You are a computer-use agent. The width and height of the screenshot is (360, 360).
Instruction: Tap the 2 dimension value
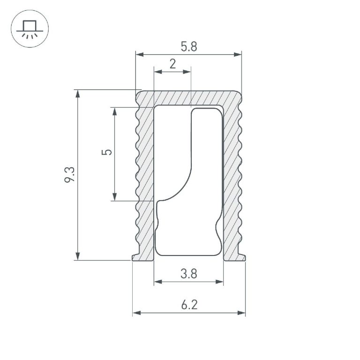[172, 64]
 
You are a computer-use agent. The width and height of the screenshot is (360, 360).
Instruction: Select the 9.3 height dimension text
[70, 175]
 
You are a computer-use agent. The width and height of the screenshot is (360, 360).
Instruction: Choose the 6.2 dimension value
[188, 305]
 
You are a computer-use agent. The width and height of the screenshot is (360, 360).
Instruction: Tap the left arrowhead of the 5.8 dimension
[139, 55]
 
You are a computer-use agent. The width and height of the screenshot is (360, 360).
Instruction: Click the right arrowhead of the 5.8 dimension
[238, 55]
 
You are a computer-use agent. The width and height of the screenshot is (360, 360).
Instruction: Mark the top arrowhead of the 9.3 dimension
[78, 93]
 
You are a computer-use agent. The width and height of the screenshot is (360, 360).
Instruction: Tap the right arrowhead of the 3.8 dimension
[219, 282]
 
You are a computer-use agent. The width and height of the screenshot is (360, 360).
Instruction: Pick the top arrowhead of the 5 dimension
[114, 111]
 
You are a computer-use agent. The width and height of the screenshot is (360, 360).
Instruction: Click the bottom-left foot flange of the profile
[136, 257]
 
